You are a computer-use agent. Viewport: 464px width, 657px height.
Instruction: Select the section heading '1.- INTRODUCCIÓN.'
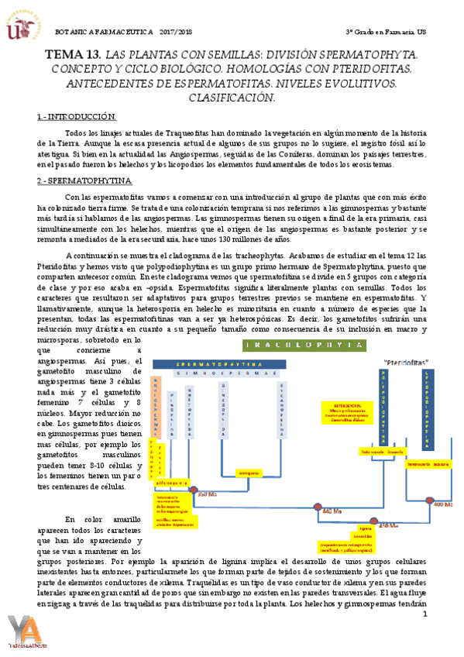point(77,117)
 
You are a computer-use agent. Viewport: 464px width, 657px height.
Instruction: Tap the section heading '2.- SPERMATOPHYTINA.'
point(84,181)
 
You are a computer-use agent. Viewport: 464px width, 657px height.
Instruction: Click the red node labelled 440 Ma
point(317,507)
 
